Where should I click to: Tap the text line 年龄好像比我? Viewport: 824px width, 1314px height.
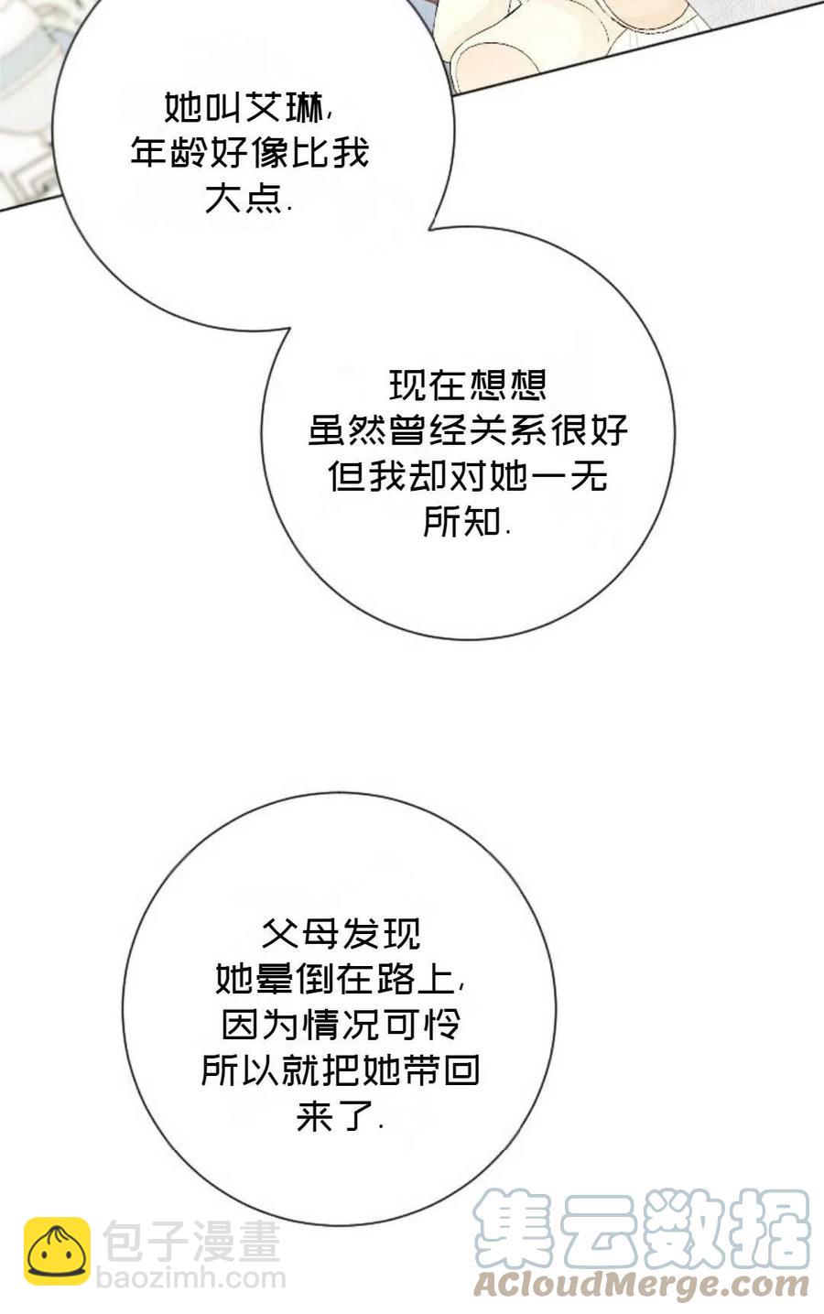[249, 154]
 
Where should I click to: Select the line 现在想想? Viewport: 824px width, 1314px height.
[468, 386]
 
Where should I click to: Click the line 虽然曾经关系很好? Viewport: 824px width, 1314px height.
[468, 430]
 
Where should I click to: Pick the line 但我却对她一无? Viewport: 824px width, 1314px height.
[468, 476]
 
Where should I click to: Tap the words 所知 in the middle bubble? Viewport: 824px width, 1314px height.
[462, 522]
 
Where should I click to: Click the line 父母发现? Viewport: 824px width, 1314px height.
[341, 934]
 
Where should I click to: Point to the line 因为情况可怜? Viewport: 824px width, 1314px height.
[341, 1025]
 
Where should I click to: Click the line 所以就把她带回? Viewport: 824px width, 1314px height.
[341, 1070]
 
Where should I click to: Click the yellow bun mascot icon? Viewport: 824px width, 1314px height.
[57, 1251]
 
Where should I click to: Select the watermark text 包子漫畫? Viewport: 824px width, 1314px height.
[190, 1243]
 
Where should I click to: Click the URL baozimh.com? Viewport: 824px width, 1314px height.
[193, 1279]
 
